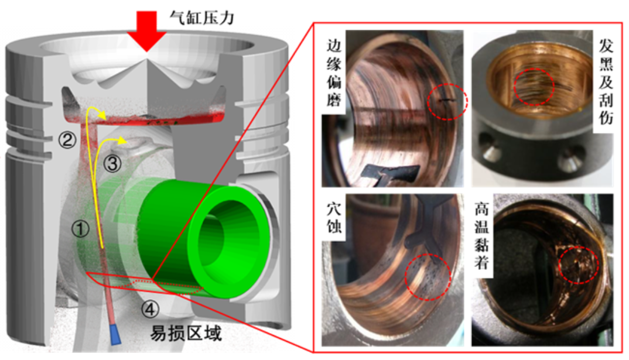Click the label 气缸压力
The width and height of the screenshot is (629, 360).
pos(202,17)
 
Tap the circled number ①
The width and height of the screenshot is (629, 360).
pos(80,229)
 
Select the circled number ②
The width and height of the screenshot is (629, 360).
pos(67,140)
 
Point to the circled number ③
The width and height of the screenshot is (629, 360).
pos(112,163)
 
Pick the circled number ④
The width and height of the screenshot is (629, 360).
pos(150,309)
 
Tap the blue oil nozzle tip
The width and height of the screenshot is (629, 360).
pos(115,335)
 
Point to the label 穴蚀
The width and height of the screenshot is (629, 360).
pos(334,217)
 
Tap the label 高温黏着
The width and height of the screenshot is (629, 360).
pos(482,236)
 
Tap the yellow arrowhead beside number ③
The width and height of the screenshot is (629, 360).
pos(123,140)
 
